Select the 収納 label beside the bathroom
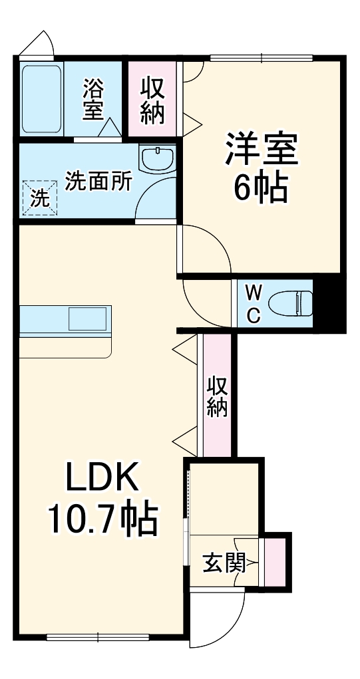coord(152,100)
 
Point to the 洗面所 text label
coord(98,181)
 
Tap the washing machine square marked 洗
coord(39,197)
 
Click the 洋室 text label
coord(260,150)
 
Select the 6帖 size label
coord(260,188)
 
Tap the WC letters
coord(254,303)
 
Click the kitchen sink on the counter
coord(87,319)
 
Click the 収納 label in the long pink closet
coord(217,396)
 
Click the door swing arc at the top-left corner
coord(37,45)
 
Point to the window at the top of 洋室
coord(262,59)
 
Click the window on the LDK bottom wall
coord(97,636)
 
